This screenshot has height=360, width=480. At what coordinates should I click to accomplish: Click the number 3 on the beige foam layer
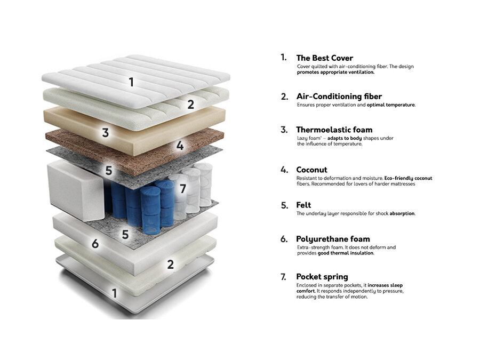pos(105,133)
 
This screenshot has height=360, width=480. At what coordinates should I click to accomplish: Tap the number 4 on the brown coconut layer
pos(180,146)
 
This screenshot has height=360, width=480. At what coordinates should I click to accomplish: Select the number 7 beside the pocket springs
pos(183,189)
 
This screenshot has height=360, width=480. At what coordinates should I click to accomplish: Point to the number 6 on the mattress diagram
pos(95,244)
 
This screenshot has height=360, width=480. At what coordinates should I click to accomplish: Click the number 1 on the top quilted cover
pos(131,82)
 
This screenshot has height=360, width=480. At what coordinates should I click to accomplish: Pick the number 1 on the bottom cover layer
pos(115,293)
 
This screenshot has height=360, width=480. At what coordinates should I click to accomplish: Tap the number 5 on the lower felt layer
pos(125,235)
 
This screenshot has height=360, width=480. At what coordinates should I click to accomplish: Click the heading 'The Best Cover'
pos(324,58)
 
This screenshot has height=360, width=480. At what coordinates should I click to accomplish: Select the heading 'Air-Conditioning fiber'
pos(339,97)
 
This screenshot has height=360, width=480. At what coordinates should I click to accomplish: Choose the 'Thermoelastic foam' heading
pos(334,130)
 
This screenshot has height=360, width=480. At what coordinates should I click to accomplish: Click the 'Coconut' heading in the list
pos(311,170)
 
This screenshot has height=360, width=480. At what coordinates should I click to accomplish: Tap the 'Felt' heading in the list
pos(303,205)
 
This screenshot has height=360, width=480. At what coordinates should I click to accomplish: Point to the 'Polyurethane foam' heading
pos(333,239)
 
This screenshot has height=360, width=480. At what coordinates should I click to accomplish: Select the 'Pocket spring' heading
pos(322,277)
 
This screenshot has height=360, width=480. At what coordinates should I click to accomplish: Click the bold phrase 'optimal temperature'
pos(391,105)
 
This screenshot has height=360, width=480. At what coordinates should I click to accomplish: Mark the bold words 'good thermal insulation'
pos(346,253)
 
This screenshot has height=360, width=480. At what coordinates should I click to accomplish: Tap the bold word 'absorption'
pos(402,213)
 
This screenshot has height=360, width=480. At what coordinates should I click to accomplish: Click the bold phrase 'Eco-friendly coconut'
pos(409,178)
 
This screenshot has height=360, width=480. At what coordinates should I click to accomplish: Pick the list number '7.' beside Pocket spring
pos(284,277)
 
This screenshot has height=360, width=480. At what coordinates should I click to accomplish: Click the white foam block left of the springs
pos(76,190)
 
